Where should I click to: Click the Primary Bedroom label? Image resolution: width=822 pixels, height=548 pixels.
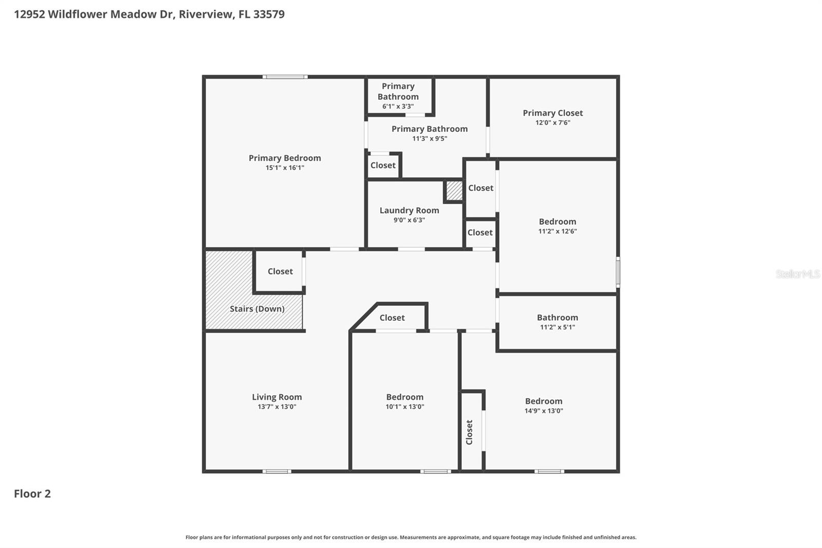click(x=285, y=158)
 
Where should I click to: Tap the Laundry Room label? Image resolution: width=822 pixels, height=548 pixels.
click(x=409, y=210)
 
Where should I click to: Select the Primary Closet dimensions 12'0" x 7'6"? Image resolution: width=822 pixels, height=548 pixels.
click(x=553, y=123)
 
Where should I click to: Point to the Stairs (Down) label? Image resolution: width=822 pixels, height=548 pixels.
click(x=257, y=309)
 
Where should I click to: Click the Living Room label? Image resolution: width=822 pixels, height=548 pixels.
click(x=276, y=397)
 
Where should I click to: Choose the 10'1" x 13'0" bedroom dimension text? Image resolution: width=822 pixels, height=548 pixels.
click(x=405, y=407)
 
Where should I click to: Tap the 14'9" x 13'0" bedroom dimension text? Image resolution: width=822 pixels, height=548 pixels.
click(x=544, y=411)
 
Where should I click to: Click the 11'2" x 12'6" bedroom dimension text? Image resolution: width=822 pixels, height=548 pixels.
click(x=557, y=231)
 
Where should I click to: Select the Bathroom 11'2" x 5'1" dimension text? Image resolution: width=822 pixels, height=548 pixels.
click(x=557, y=327)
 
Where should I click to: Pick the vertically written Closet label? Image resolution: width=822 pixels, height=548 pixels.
click(x=469, y=432)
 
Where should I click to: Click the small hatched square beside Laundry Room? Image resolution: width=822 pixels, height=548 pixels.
click(x=454, y=191)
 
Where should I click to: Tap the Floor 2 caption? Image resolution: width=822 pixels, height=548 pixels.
click(x=32, y=494)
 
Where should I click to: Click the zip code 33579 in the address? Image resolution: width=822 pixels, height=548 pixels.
click(x=269, y=14)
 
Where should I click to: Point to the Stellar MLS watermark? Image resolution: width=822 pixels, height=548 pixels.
click(x=797, y=274)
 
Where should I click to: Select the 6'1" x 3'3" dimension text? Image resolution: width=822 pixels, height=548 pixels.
click(x=398, y=106)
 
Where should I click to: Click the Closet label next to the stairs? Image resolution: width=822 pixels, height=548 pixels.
click(x=280, y=271)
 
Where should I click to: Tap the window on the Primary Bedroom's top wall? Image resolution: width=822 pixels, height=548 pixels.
click(x=285, y=77)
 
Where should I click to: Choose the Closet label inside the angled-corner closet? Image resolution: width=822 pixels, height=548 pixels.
click(x=392, y=318)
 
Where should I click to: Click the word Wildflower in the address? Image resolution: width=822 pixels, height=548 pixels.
click(x=78, y=14)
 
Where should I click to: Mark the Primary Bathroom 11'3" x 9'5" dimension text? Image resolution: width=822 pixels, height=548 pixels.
click(x=429, y=138)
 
